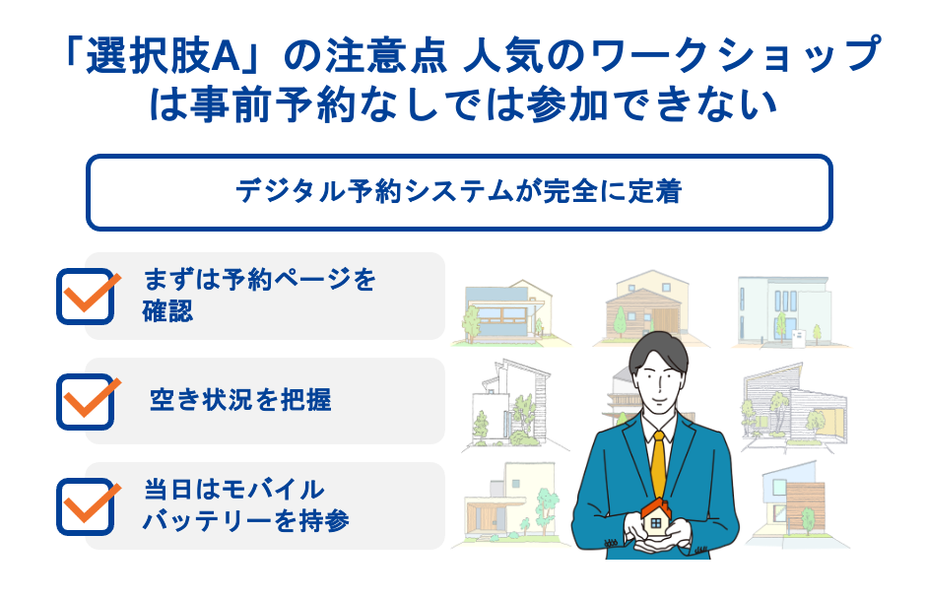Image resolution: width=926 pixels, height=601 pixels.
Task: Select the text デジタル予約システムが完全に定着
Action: (459, 191)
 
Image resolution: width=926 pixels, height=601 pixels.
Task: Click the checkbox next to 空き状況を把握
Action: (87, 400)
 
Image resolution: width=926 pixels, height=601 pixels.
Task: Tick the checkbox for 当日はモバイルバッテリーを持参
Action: (87, 505)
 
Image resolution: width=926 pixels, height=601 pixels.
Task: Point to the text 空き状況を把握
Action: (240, 400)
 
